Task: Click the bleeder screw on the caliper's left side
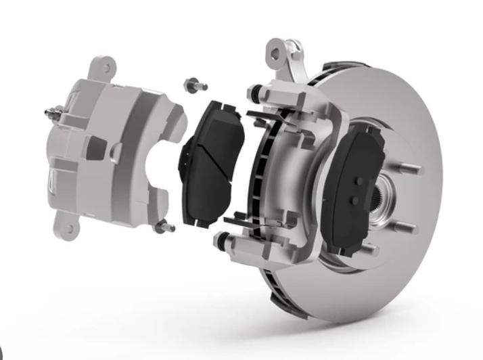click(49, 111)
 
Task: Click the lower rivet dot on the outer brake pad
click(358, 201)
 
